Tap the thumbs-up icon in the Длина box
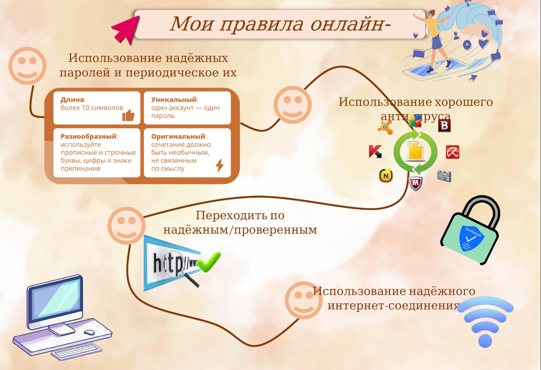pos(128,115)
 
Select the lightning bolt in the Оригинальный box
pos(220,165)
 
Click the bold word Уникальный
pos(174,100)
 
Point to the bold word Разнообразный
pos(88,136)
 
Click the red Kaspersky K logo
pos(375,151)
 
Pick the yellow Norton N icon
pos(386,176)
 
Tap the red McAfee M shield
pos(416,184)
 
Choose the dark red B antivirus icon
pos(444,125)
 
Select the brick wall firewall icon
pos(444,176)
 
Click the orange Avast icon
pos(385,128)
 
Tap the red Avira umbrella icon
pos(453,152)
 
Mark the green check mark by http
pos(209,262)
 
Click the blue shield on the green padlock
pos(471,238)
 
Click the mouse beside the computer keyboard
pos(89,332)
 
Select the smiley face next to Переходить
pos(127,225)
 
